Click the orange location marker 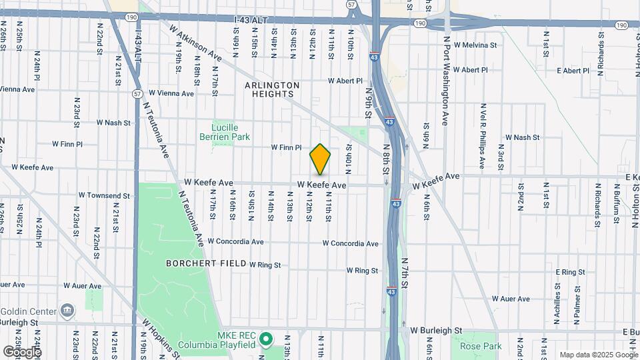(x=320, y=159)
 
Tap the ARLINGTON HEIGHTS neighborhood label (x=272, y=89)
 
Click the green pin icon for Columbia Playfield (x=266, y=339)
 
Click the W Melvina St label (x=475, y=45)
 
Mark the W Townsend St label (x=104, y=195)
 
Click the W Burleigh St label (x=436, y=330)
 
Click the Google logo (x=22, y=351)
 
